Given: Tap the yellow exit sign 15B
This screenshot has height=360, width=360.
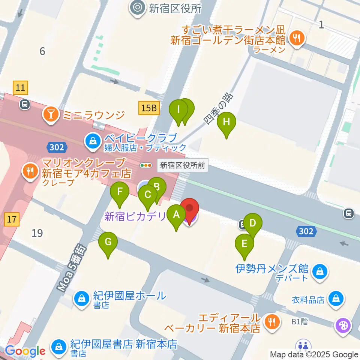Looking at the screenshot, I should pyautogui.click(x=149, y=108).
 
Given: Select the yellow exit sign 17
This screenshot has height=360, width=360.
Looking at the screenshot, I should pyautogui.click(x=12, y=219).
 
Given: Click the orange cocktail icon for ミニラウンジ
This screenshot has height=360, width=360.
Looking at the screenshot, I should pyautogui.click(x=50, y=115).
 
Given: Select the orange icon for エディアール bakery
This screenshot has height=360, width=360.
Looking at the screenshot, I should pyautogui.click(x=270, y=321).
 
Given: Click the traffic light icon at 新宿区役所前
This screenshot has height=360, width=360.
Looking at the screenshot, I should pyautogui.click(x=146, y=165).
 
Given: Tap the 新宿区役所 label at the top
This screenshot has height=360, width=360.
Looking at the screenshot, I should pyautogui.click(x=175, y=8).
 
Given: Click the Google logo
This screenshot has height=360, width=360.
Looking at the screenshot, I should pyautogui.click(x=25, y=351).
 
